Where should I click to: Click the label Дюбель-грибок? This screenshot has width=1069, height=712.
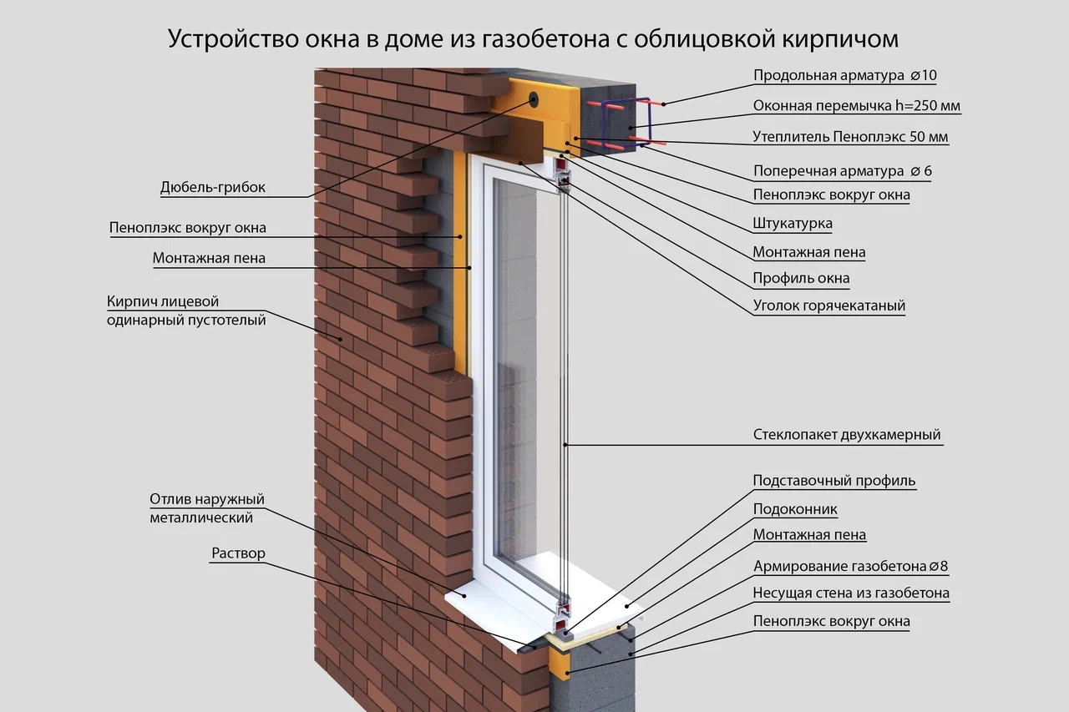pos(212,188)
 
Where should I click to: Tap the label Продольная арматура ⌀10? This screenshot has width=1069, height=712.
pos(844,76)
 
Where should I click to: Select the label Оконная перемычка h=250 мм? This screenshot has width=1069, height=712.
pos(857,107)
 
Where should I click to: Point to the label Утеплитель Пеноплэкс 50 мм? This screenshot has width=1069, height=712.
pos(850,137)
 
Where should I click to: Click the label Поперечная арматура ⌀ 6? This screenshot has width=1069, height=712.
pos(843,171)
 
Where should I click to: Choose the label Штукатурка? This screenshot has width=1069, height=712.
pos(793,224)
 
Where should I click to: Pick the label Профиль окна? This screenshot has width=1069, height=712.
pos(801,279)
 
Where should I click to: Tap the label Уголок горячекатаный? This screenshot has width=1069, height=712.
pos(829,306)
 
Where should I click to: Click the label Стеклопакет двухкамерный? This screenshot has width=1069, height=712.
pos(847,435)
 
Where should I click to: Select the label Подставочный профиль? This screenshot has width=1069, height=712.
pos(834,481)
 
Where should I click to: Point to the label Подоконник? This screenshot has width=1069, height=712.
pos(795,509)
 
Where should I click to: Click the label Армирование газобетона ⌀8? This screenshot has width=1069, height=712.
pos(850,567)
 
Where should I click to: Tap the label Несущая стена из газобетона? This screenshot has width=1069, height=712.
pos(851,594)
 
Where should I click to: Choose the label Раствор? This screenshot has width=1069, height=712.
pos(238,553)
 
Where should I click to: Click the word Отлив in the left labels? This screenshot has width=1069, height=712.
pos(170,500)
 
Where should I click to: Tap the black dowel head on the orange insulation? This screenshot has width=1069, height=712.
pos(534,99)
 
